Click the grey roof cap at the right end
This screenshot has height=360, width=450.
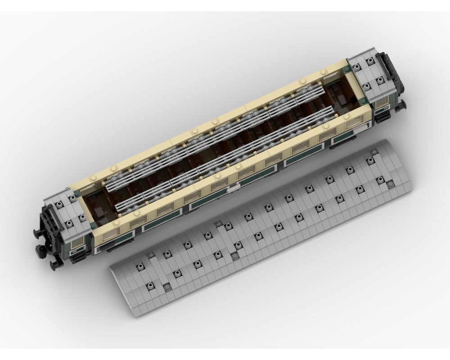(x=369, y=74)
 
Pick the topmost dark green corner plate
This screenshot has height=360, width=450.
(x=347, y=69)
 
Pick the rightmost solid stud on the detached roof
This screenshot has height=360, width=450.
(x=390, y=184)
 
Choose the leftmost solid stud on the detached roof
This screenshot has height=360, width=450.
(x=167, y=287)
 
